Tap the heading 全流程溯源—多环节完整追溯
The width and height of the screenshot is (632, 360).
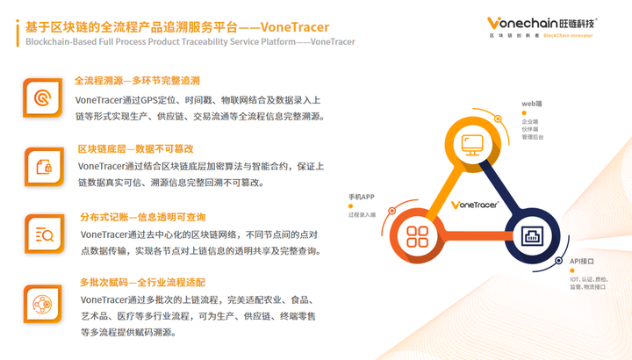point(137,80)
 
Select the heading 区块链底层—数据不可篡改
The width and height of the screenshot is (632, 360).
point(135,148)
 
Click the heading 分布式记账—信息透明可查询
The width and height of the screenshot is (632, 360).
point(142,217)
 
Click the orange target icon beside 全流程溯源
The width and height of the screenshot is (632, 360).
point(42,97)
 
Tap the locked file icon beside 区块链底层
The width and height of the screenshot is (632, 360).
point(42,166)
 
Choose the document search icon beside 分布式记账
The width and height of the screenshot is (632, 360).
point(42,234)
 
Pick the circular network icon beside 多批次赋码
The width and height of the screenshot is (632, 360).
point(42,304)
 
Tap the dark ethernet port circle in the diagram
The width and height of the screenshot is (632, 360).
point(530,236)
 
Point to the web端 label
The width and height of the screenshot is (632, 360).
point(532,104)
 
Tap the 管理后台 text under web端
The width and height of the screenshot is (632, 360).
point(533,138)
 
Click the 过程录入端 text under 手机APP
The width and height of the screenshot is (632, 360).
point(362,214)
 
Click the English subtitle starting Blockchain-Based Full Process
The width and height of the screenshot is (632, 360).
point(190,41)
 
